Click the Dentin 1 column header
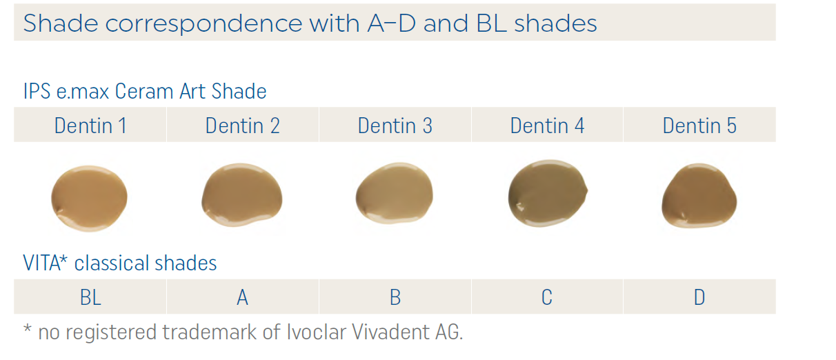click(x=90, y=126)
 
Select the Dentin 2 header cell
click(x=243, y=126)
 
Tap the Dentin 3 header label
click(x=395, y=126)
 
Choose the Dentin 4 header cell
click(x=547, y=126)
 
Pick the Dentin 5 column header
click(x=699, y=126)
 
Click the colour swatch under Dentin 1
click(x=90, y=198)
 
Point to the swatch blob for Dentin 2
click(x=241, y=196)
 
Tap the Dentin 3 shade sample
click(x=394, y=196)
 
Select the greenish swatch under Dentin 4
click(x=547, y=193)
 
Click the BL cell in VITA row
click(x=90, y=297)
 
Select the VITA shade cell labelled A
click(x=243, y=297)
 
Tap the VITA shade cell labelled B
click(x=395, y=297)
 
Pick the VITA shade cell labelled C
click(x=547, y=297)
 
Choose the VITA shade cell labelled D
click(x=699, y=297)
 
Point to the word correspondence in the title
click(x=204, y=24)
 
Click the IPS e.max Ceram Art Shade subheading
click(x=145, y=91)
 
